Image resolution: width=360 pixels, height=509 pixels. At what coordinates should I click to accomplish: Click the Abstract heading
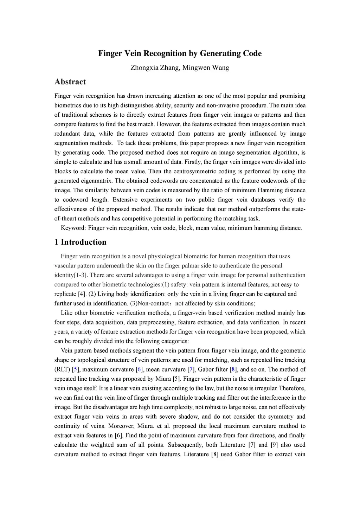coord(70,82)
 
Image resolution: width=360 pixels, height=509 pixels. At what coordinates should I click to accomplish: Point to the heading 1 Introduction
coord(80,242)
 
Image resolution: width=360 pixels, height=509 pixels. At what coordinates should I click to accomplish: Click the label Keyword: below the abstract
coord(73,228)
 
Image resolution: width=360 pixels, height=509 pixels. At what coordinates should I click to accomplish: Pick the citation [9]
coord(274,445)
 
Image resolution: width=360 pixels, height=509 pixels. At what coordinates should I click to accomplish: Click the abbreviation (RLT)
coord(62,369)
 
